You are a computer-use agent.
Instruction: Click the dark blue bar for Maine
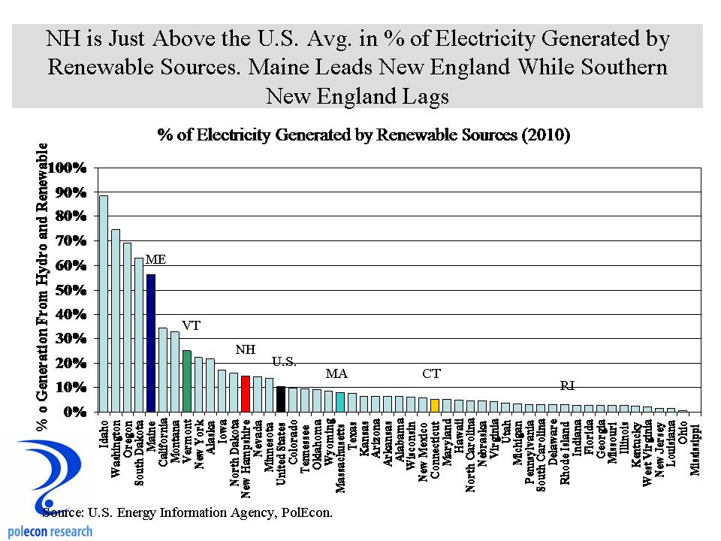click(x=151, y=343)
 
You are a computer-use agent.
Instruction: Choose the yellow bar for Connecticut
click(x=434, y=406)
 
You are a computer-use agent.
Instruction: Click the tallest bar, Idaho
click(x=104, y=304)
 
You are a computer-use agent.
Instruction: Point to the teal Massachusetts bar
click(x=339, y=402)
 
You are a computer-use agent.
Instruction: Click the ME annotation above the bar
click(x=155, y=259)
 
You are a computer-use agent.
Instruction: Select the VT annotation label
click(x=192, y=326)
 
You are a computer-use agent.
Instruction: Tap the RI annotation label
click(x=568, y=385)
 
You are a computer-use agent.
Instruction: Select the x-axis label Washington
click(x=116, y=448)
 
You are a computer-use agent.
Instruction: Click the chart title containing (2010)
click(x=364, y=136)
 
